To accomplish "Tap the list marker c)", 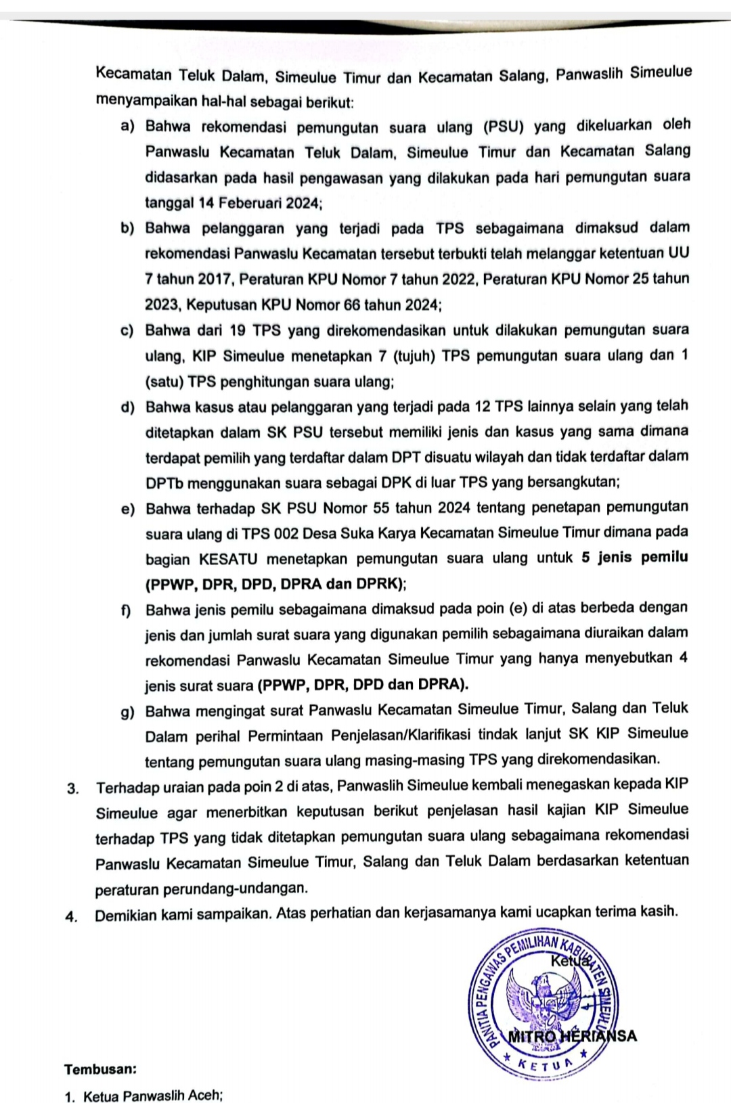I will [x=127, y=331].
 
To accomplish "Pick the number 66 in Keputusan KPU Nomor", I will [x=352, y=305].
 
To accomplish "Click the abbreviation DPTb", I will [x=164, y=483].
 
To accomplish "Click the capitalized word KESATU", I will [x=229, y=560].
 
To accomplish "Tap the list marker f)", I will [x=127, y=610].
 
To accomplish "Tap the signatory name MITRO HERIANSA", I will [x=573, y=1036].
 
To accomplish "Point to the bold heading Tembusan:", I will [x=100, y=1070].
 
